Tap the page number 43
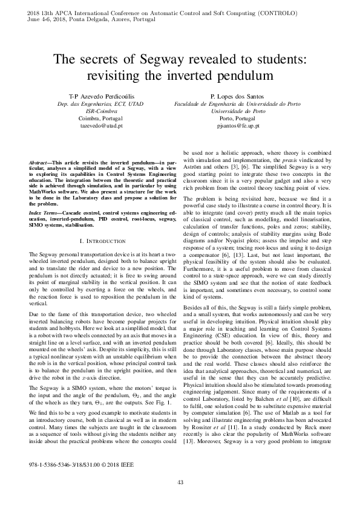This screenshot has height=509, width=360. coord(180,481)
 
